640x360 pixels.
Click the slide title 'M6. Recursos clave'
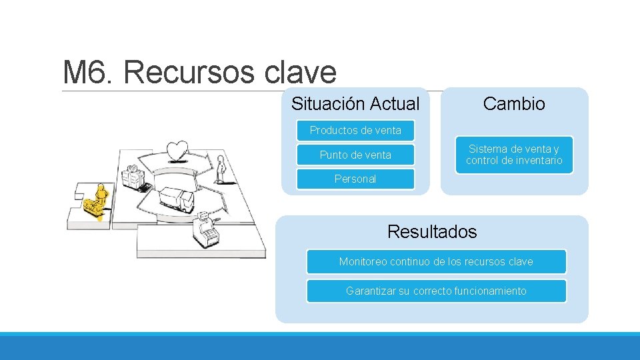pyautogui.click(x=199, y=72)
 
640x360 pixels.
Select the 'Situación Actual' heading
pyautogui.click(x=355, y=104)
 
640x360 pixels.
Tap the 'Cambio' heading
pyautogui.click(x=514, y=104)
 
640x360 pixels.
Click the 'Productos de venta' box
pyautogui.click(x=355, y=130)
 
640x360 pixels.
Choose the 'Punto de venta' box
pyautogui.click(x=355, y=155)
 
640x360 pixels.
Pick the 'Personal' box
pyautogui.click(x=355, y=179)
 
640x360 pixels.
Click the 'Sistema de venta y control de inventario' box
pyautogui.click(x=514, y=155)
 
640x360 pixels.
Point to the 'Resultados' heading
pyautogui.click(x=432, y=232)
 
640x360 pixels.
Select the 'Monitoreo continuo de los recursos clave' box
pyautogui.click(x=436, y=261)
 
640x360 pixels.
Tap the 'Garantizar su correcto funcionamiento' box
pyautogui.click(x=436, y=291)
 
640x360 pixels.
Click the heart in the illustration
pyautogui.click(x=177, y=151)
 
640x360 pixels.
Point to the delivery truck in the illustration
pyautogui.click(x=177, y=198)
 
